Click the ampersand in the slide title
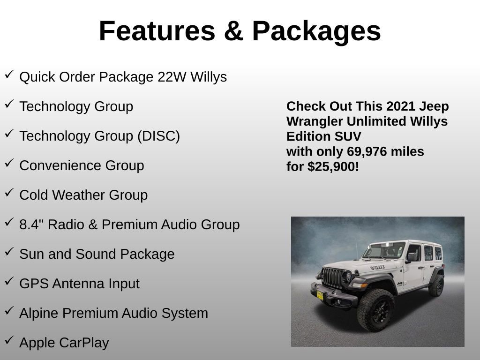[x=233, y=31]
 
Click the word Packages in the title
[x=316, y=32]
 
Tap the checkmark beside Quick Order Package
[x=9, y=75]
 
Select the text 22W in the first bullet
[x=172, y=77]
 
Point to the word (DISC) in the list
[x=158, y=136]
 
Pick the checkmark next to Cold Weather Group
[x=9, y=193]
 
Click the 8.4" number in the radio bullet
[x=32, y=225]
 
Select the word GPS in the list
[x=34, y=284]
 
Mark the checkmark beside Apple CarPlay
[x=9, y=340]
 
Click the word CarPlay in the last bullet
[x=84, y=343]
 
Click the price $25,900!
[x=333, y=166]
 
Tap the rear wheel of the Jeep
[x=436, y=285]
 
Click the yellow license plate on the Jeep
[x=320, y=294]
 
